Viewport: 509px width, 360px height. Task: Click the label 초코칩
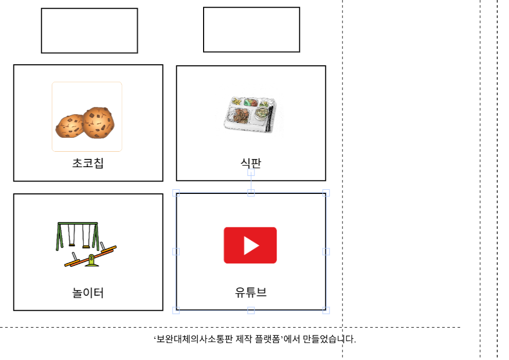[87, 163]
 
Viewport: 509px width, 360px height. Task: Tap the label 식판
[250, 163]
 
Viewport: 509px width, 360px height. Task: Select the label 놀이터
[87, 293]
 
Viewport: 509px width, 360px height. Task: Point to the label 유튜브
[250, 292]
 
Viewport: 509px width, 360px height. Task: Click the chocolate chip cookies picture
[85, 123]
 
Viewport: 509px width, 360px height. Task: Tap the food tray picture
[250, 114]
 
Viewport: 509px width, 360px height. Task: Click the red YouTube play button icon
[250, 245]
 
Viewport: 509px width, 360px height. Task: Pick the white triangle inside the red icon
[251, 245]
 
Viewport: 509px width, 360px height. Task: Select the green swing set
[77, 236]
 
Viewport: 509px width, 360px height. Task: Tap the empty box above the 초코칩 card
[89, 31]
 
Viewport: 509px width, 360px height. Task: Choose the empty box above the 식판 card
[251, 29]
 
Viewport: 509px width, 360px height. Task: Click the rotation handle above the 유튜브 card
[251, 172]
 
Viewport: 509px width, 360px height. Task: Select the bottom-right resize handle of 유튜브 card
[326, 310]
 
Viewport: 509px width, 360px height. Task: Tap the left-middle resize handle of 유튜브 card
[176, 251]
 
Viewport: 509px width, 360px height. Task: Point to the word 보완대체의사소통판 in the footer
[195, 339]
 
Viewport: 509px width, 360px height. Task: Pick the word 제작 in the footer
[244, 339]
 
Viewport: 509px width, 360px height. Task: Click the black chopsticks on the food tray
[269, 118]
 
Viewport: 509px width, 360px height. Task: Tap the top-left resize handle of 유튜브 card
[176, 193]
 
